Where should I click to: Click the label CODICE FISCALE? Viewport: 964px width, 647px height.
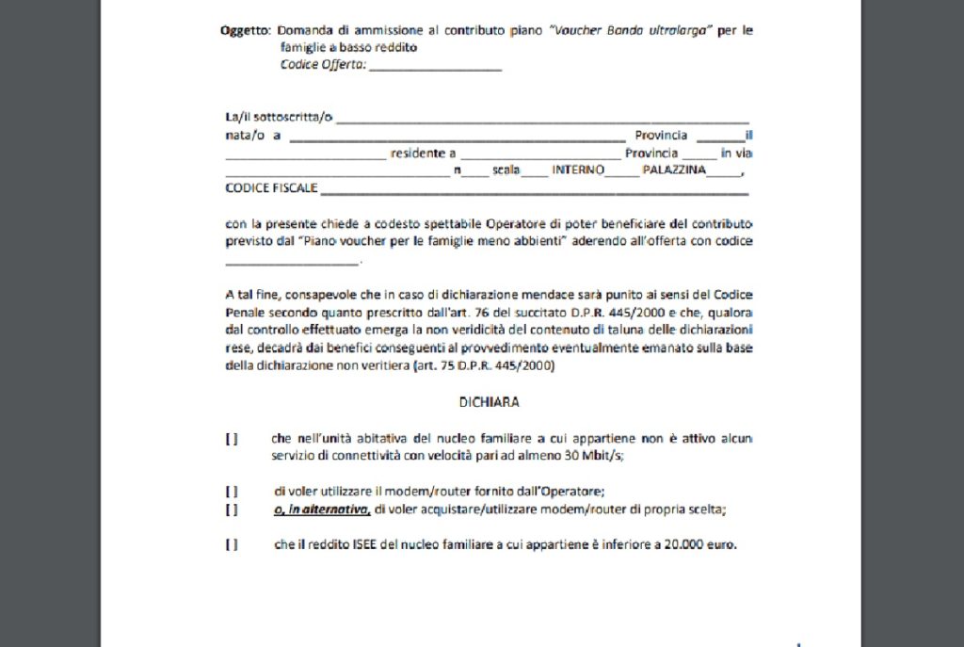(271, 188)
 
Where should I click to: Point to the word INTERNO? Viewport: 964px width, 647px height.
(578, 170)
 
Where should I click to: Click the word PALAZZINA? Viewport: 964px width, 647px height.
(674, 170)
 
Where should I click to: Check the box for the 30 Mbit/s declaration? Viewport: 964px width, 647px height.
(231, 439)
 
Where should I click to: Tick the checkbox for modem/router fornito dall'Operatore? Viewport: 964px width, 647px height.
(231, 491)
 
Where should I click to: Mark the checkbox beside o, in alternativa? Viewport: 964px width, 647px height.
(231, 510)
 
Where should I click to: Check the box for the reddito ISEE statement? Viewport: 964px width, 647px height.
(231, 544)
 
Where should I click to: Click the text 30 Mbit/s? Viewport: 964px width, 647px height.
(594, 456)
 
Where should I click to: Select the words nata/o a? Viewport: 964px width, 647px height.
(254, 136)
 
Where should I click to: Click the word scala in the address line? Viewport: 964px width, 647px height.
(506, 170)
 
